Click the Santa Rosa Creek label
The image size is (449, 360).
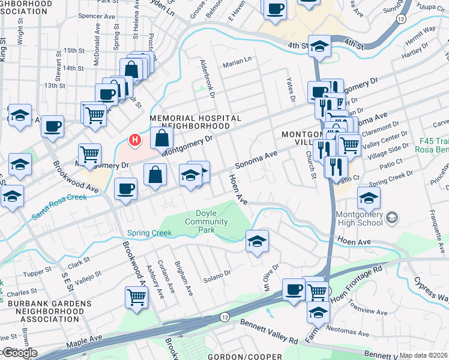60,206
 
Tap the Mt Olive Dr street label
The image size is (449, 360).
268,274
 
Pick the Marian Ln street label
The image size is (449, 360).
237,61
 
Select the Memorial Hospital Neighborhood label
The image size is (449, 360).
195,122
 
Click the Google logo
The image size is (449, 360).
19,353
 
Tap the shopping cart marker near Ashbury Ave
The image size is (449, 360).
137,296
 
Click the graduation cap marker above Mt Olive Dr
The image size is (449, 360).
257,241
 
